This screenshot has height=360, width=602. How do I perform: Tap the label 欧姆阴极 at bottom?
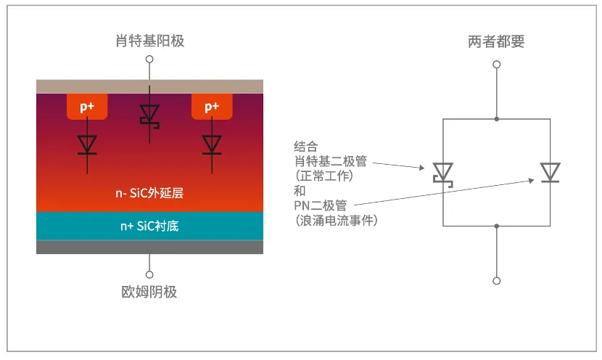tap(149, 292)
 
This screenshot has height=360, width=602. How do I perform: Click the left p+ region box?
tap(87, 106)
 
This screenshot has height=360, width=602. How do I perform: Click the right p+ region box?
tap(211, 106)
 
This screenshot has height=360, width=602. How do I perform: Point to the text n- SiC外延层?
tap(149, 194)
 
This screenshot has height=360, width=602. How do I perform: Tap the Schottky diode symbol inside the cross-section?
tap(150, 115)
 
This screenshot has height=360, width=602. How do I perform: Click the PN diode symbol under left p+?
tap(87, 144)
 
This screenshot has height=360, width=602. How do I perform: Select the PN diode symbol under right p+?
tap(212, 144)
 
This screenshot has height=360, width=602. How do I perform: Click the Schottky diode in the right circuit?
tap(443, 173)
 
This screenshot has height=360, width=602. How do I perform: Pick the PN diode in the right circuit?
tap(549, 172)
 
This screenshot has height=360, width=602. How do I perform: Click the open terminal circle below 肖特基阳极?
tap(149, 59)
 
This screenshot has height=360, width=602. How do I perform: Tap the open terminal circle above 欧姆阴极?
tap(149, 274)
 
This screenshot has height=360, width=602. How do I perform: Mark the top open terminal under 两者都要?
tap(497, 64)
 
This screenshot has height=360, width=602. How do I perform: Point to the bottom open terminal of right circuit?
tap(497, 280)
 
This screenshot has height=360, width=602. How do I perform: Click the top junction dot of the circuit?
tap(497, 118)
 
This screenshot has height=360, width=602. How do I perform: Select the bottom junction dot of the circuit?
tap(497, 226)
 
